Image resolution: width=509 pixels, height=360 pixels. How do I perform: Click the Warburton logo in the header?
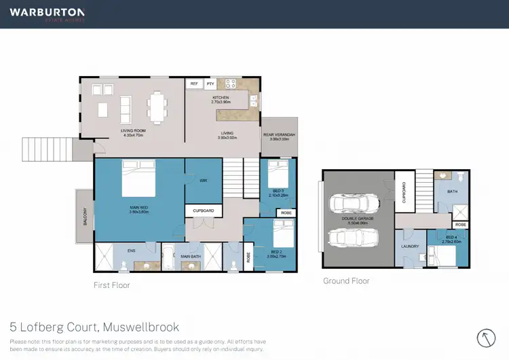point(47,14)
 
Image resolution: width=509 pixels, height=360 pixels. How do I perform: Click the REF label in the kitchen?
point(195,84)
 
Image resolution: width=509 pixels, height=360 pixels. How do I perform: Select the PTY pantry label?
point(210,84)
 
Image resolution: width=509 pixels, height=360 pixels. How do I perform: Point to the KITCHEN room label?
point(221,98)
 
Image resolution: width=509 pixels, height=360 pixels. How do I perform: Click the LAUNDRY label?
point(410,246)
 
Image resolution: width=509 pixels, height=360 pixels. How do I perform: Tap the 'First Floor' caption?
point(111,285)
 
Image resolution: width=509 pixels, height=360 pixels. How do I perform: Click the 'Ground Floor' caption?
point(346,281)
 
